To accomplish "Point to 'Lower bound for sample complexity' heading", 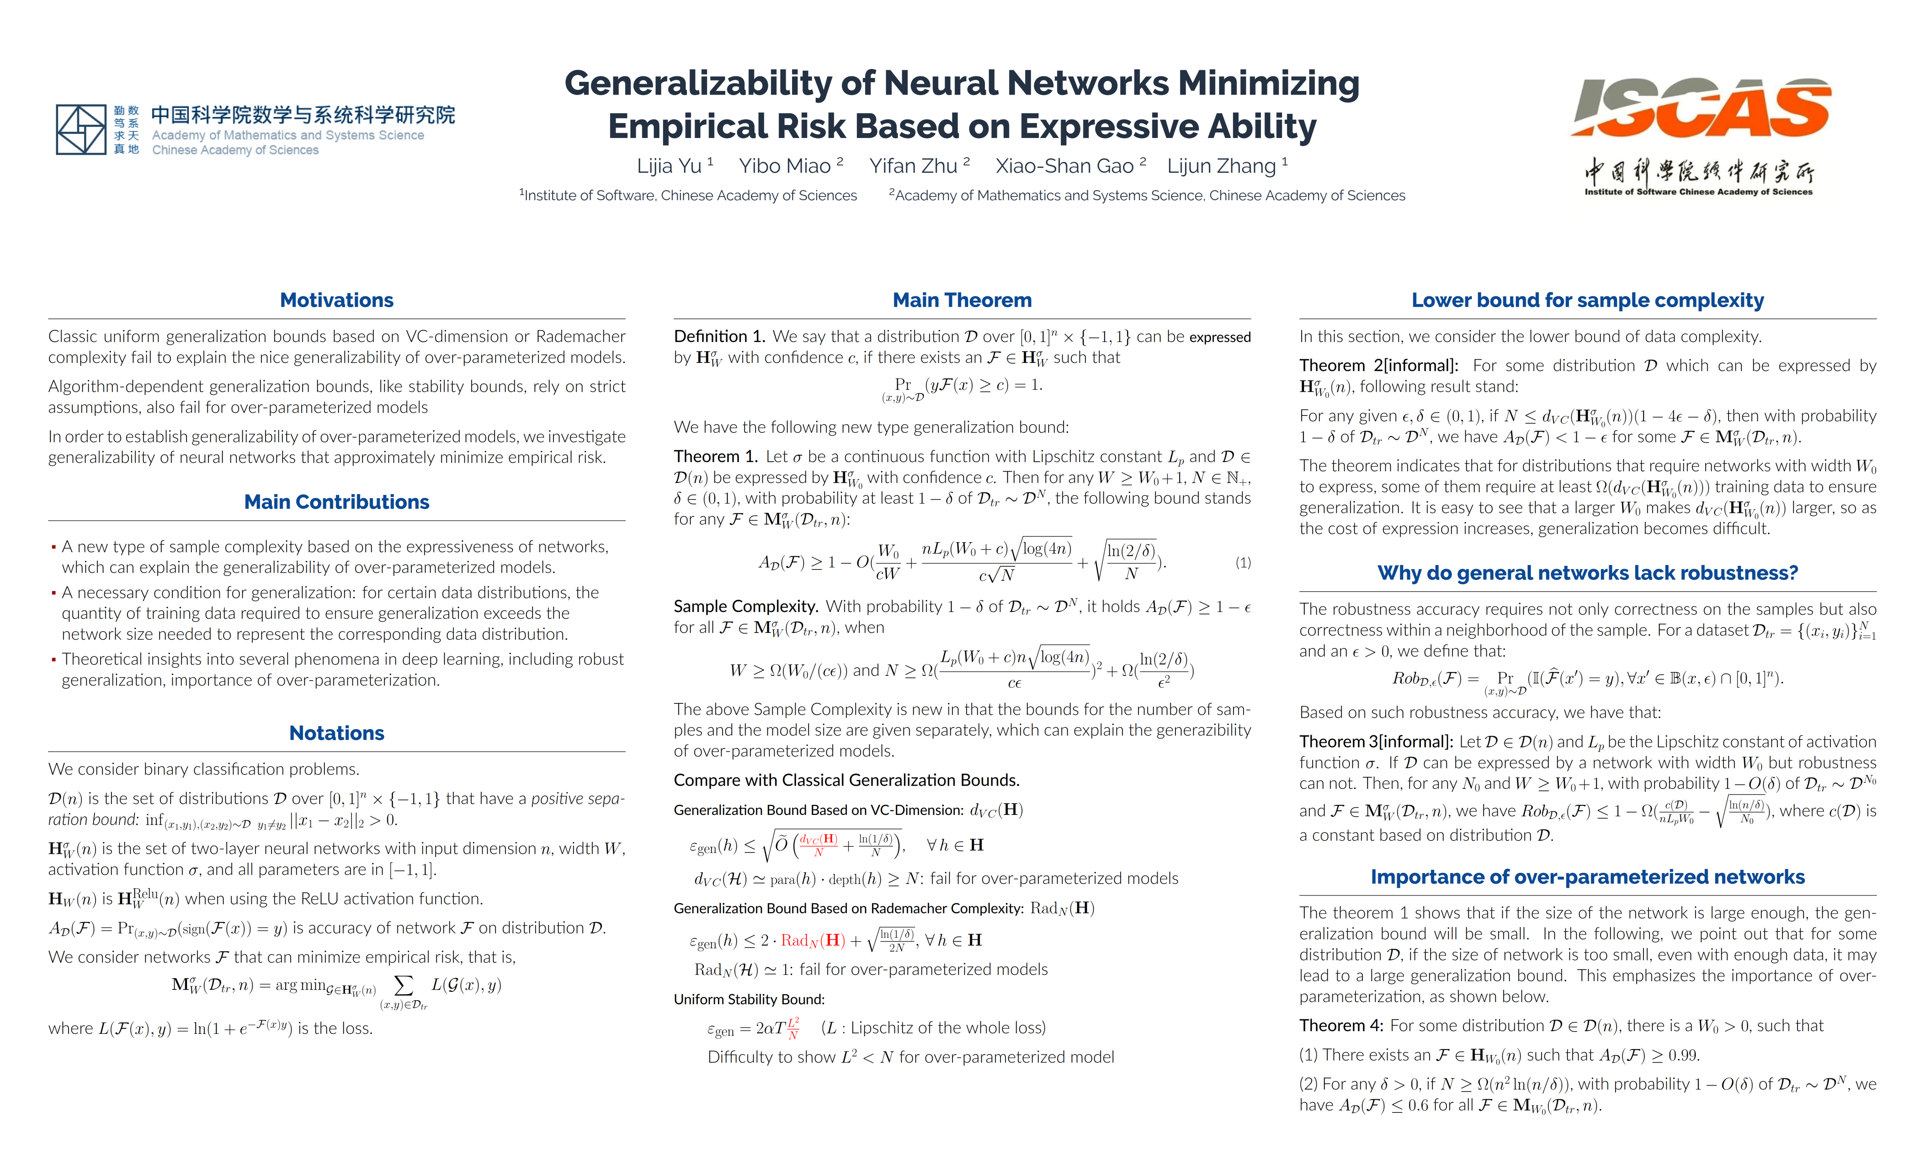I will tap(1587, 300).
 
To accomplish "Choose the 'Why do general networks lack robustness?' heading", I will tap(1587, 573).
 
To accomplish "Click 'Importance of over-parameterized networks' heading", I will tap(1587, 877).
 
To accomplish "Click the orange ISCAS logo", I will tap(1700, 109).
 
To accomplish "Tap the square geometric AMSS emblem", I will tap(81, 129).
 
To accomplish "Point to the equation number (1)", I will tap(1242, 562).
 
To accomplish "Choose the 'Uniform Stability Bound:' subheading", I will tap(748, 999).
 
